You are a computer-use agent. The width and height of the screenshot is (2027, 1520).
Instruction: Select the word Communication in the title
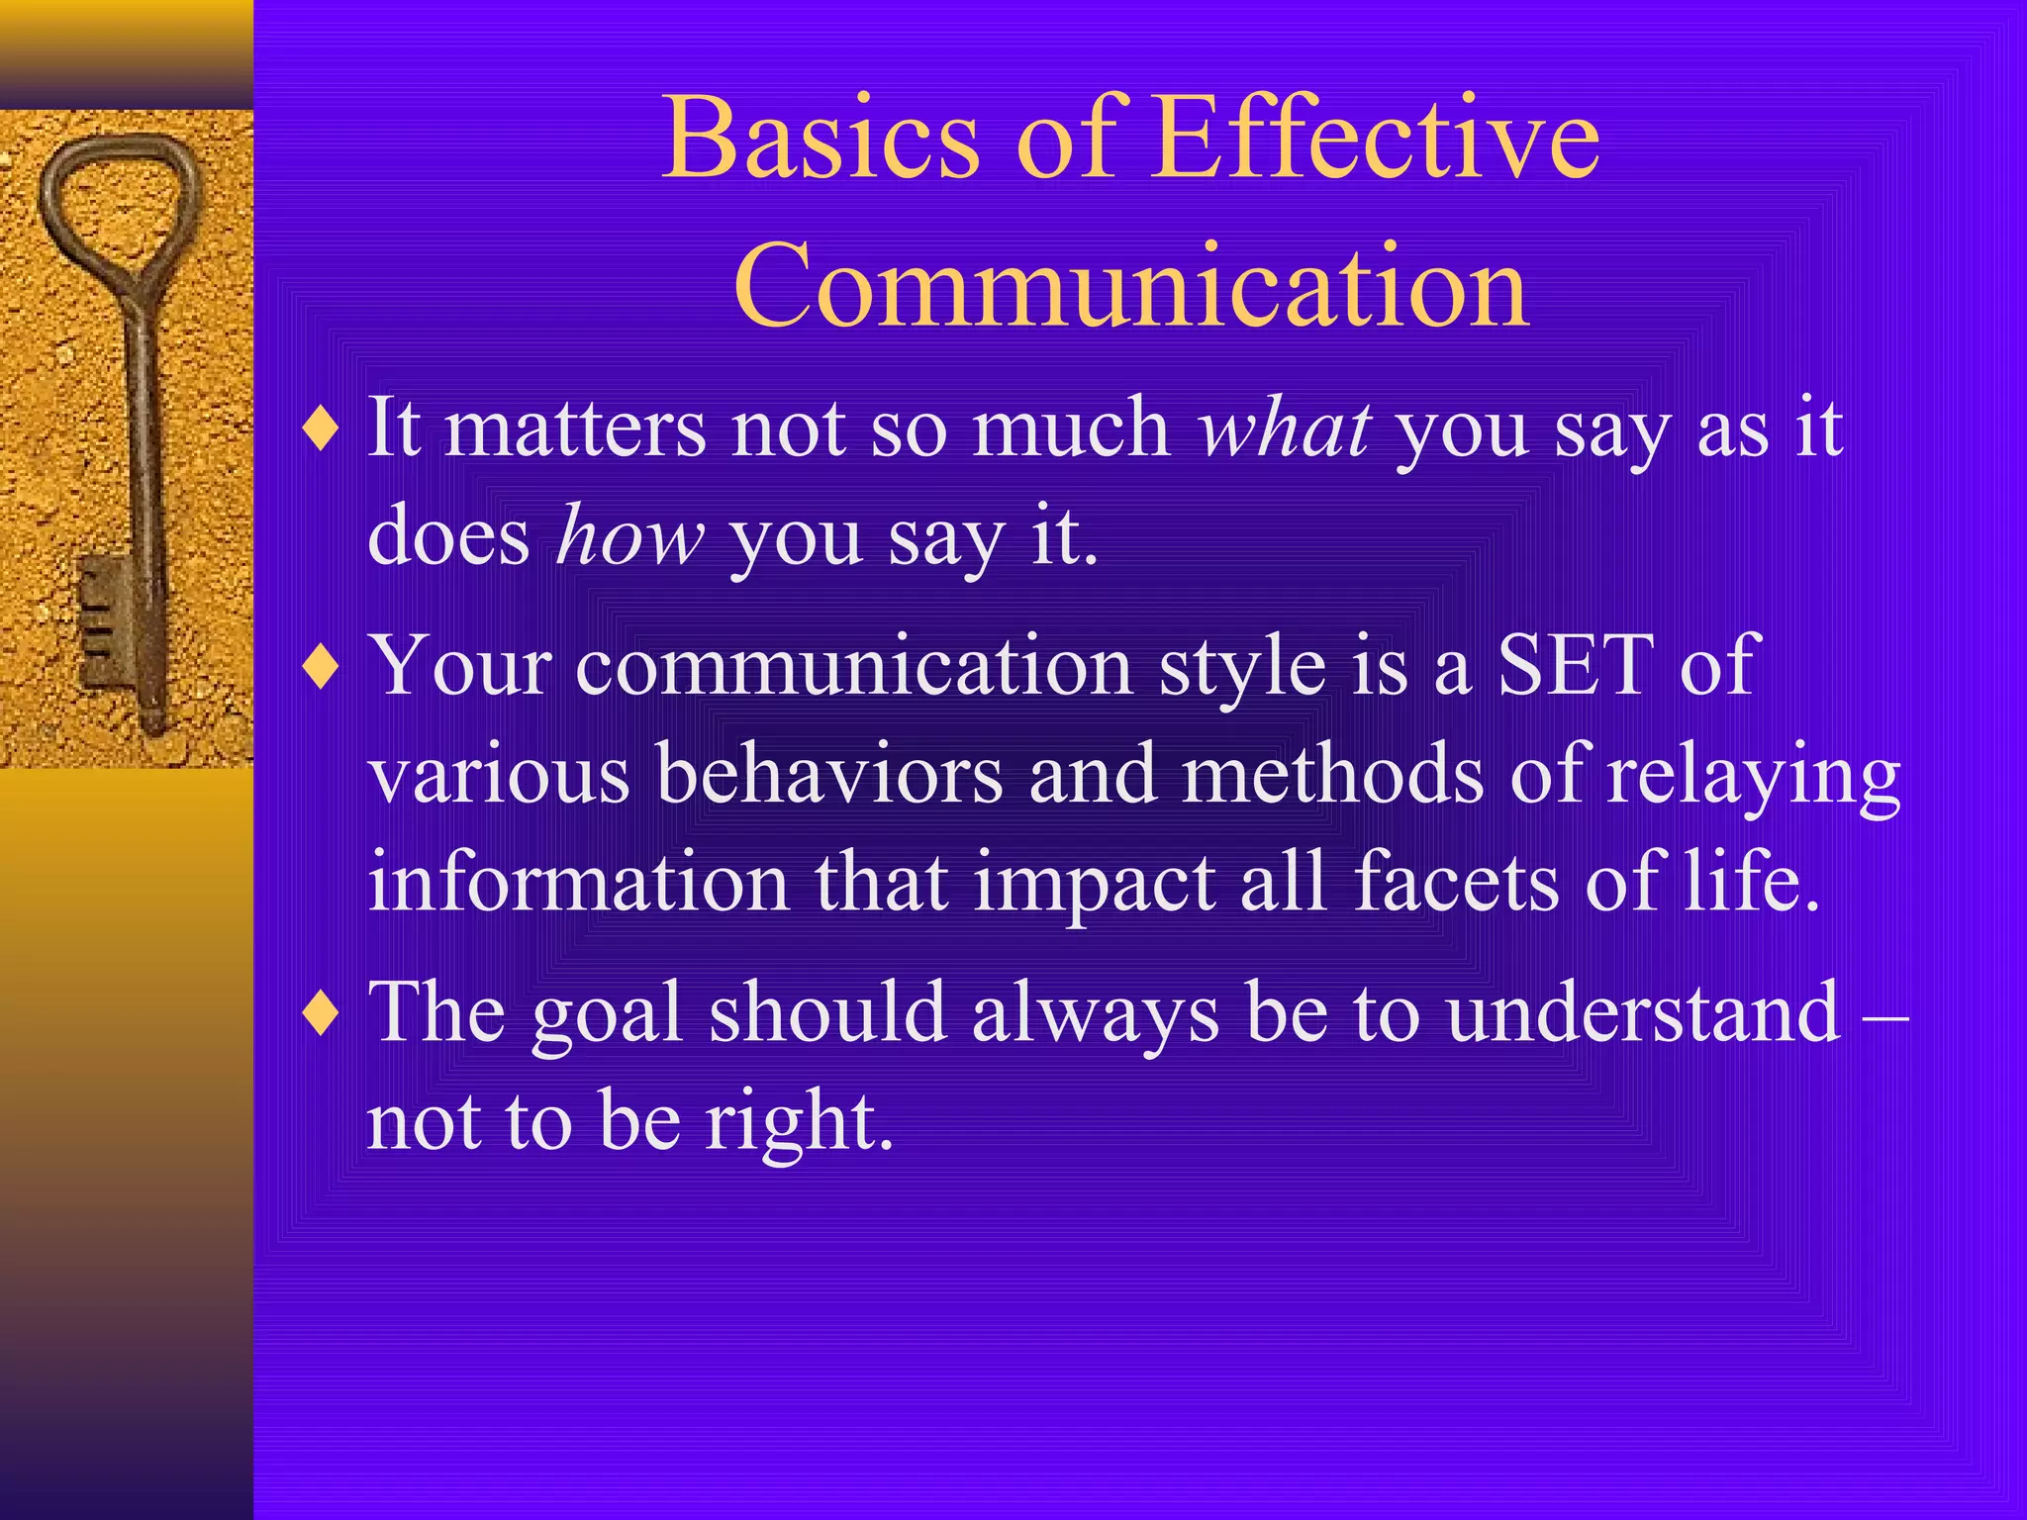point(1131,287)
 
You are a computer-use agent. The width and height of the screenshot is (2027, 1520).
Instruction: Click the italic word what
point(1284,429)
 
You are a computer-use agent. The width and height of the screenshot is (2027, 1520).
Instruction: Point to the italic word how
point(630,537)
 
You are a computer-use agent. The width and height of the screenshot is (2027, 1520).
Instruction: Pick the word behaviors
point(829,774)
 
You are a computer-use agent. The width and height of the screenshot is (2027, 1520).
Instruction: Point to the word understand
point(1643,1012)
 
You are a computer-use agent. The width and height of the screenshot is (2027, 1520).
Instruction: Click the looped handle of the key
point(119,203)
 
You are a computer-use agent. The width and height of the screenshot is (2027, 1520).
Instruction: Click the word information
point(578,881)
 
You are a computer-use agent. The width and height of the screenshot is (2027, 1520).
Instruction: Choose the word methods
point(1332,774)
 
